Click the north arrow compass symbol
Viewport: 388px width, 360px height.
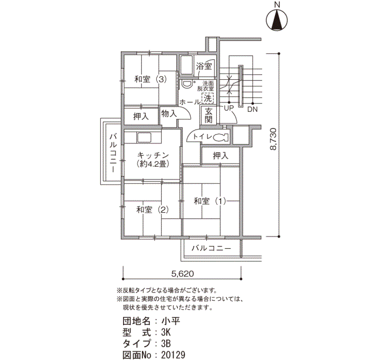[277, 20]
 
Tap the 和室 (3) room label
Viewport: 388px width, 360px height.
[150, 79]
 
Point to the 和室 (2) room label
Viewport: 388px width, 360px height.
[151, 209]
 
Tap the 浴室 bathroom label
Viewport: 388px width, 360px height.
[203, 66]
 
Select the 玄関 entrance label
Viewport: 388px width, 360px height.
[208, 115]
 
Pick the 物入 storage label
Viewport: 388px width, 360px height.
[169, 113]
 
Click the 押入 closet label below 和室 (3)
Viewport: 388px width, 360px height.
[141, 116]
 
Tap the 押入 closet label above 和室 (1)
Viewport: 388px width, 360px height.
[220, 156]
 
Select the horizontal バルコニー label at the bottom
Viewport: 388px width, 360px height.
[211, 249]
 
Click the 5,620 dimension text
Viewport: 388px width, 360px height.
[183, 274]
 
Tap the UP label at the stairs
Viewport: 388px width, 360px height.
[227, 108]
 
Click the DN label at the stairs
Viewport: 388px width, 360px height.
[253, 109]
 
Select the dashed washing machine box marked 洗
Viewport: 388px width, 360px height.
[208, 98]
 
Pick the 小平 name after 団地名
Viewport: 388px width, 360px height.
[169, 321]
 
